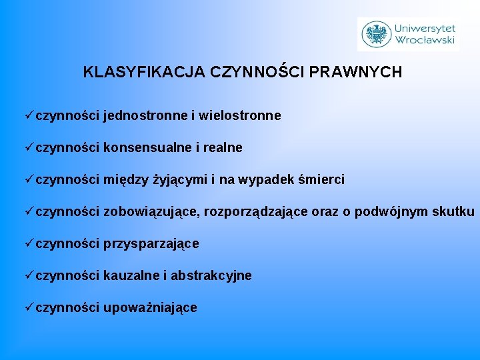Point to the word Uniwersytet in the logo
point(425,28)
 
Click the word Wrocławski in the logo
point(425,40)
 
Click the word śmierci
point(323,180)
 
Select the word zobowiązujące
point(151,212)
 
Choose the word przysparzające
point(151,244)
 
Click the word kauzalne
point(131,276)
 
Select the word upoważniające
point(150,308)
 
